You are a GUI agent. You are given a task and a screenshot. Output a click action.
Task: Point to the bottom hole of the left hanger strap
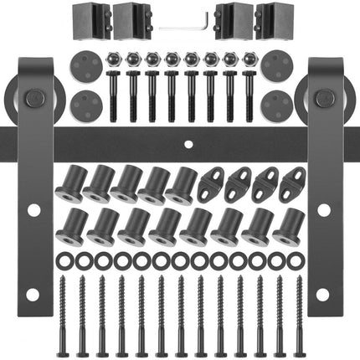(33, 294)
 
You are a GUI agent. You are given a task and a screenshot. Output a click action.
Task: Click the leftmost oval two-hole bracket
(213, 182)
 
